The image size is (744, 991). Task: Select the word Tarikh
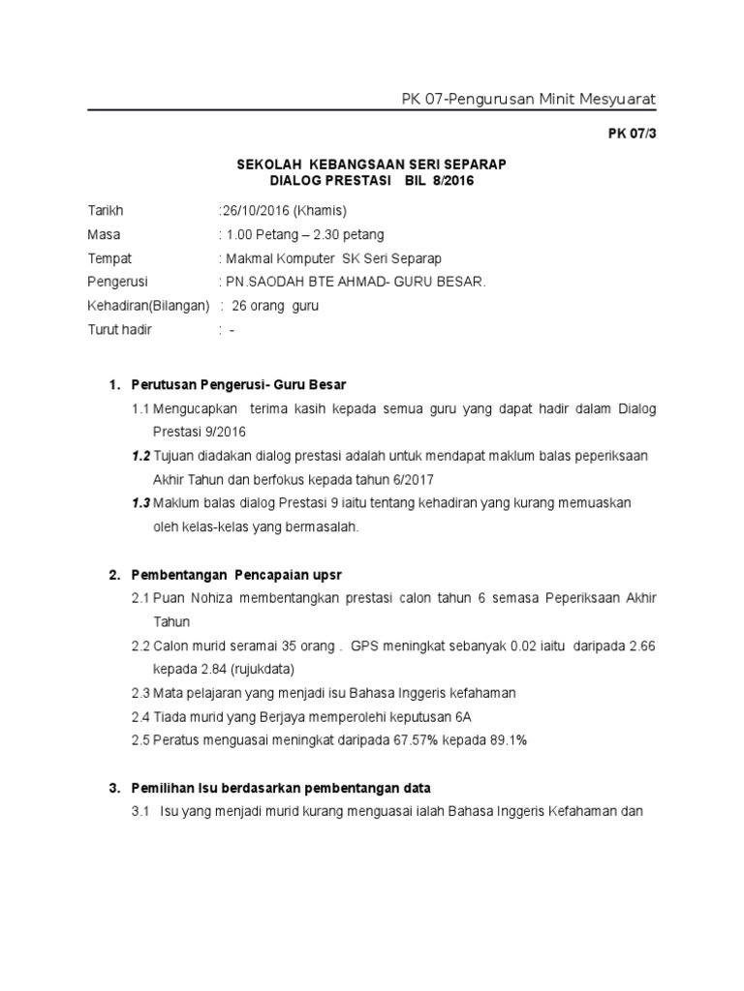pyautogui.click(x=106, y=210)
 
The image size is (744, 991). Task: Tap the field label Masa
pyautogui.click(x=104, y=234)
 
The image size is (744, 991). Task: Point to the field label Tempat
pyautogui.click(x=109, y=258)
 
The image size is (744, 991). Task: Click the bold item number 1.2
pyautogui.click(x=141, y=456)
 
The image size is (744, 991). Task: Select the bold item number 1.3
pyautogui.click(x=141, y=503)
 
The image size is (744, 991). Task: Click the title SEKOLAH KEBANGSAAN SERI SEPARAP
pyautogui.click(x=372, y=165)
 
